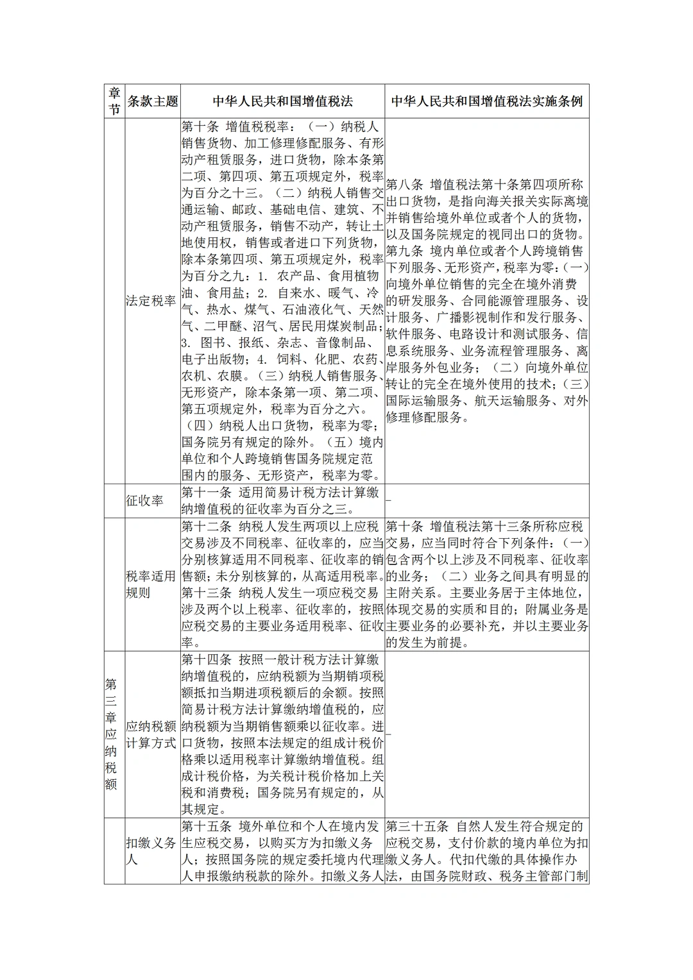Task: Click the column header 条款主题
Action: click(153, 101)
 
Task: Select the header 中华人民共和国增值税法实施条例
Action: click(486, 101)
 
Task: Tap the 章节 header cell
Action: click(114, 101)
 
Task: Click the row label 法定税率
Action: click(151, 301)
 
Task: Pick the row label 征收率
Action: click(144, 501)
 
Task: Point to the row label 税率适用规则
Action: click(151, 584)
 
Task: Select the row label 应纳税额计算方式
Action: click(151, 734)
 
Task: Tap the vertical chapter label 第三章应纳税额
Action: click(111, 734)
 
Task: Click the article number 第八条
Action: click(405, 185)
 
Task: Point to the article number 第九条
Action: click(405, 251)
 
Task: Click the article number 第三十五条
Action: click(418, 826)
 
